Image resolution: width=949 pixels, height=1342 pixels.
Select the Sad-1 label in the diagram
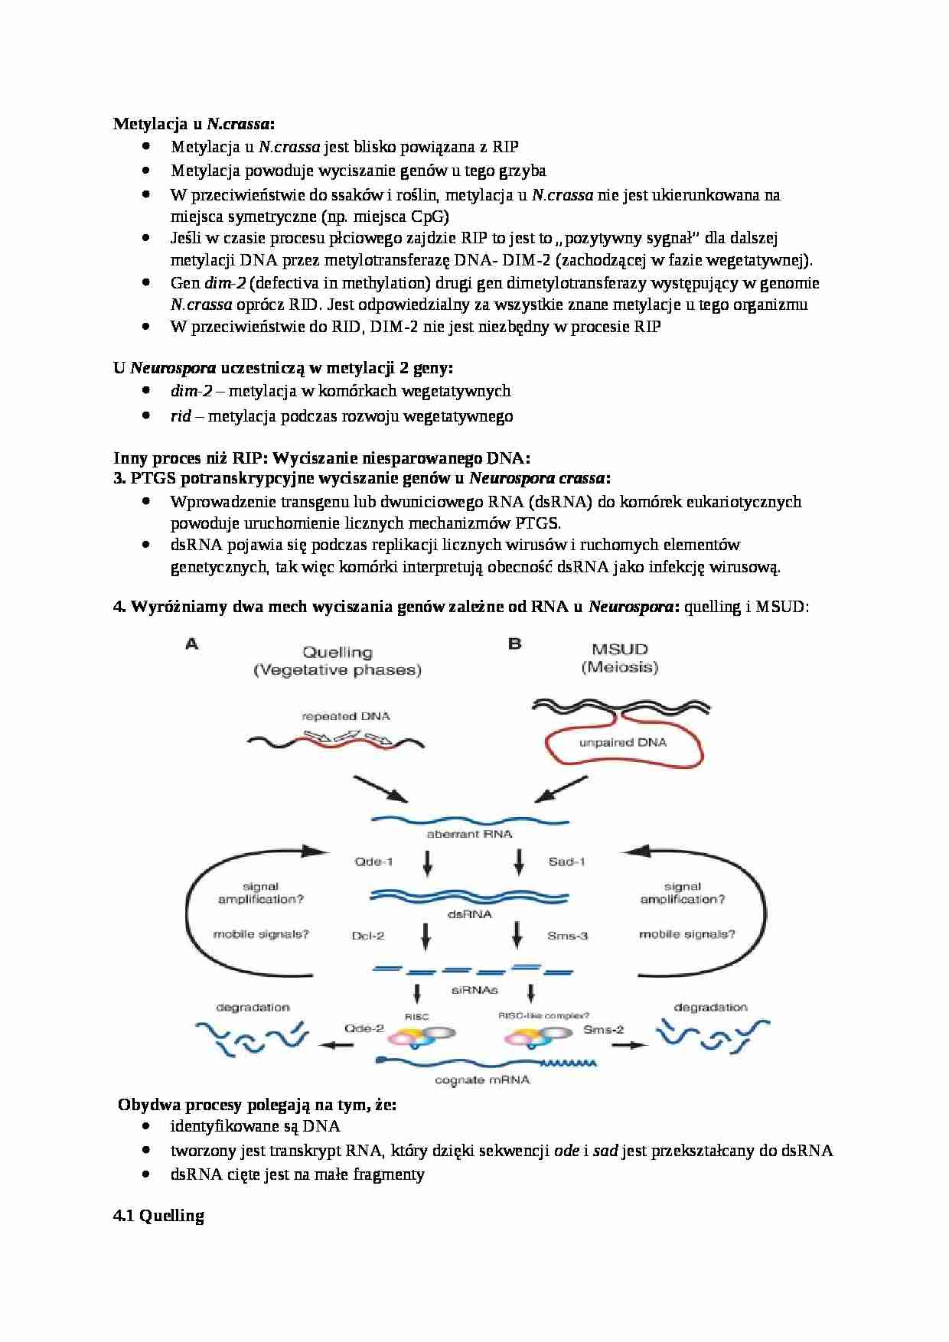(x=566, y=862)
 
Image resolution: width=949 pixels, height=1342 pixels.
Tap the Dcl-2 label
(x=368, y=935)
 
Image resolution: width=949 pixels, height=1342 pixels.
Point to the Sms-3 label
(x=568, y=935)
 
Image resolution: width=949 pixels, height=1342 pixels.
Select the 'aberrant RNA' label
(x=469, y=834)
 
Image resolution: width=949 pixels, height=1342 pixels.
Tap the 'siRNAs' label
(x=471, y=989)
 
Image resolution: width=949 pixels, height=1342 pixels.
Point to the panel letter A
(x=191, y=644)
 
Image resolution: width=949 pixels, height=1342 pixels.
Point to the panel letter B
(x=515, y=643)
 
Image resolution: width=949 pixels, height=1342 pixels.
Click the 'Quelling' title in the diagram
(x=337, y=653)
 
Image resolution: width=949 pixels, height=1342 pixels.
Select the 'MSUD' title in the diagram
(x=619, y=650)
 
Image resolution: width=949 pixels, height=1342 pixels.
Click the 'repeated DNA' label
(x=346, y=716)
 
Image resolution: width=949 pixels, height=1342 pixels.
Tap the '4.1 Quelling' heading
(x=158, y=1216)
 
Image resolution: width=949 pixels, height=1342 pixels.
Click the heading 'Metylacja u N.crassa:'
(x=194, y=123)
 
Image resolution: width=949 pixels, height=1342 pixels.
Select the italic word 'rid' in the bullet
(x=181, y=416)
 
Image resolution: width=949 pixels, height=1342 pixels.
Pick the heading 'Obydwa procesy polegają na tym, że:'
(x=258, y=1105)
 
